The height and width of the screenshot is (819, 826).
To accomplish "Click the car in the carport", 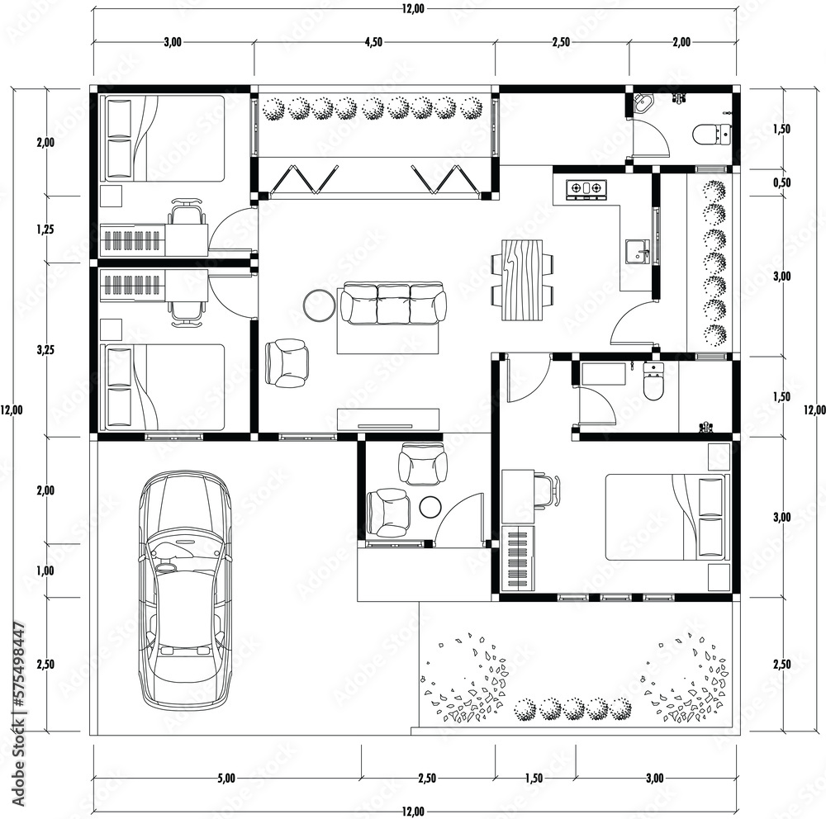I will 184,590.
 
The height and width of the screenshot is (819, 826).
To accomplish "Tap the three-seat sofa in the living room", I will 393,303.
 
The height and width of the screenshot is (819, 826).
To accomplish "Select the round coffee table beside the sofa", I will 319,305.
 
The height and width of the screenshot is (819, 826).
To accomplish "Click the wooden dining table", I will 523,279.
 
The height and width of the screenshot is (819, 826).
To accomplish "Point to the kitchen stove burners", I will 586,188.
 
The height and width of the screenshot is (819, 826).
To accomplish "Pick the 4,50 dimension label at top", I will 373,43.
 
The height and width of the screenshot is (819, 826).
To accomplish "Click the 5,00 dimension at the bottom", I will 226,777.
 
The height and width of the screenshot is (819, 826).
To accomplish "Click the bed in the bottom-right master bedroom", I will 667,517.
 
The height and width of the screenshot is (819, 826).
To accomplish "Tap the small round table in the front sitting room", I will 430,507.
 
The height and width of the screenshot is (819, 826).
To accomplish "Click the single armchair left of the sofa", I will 287,363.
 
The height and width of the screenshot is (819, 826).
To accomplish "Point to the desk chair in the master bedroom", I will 548,490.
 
